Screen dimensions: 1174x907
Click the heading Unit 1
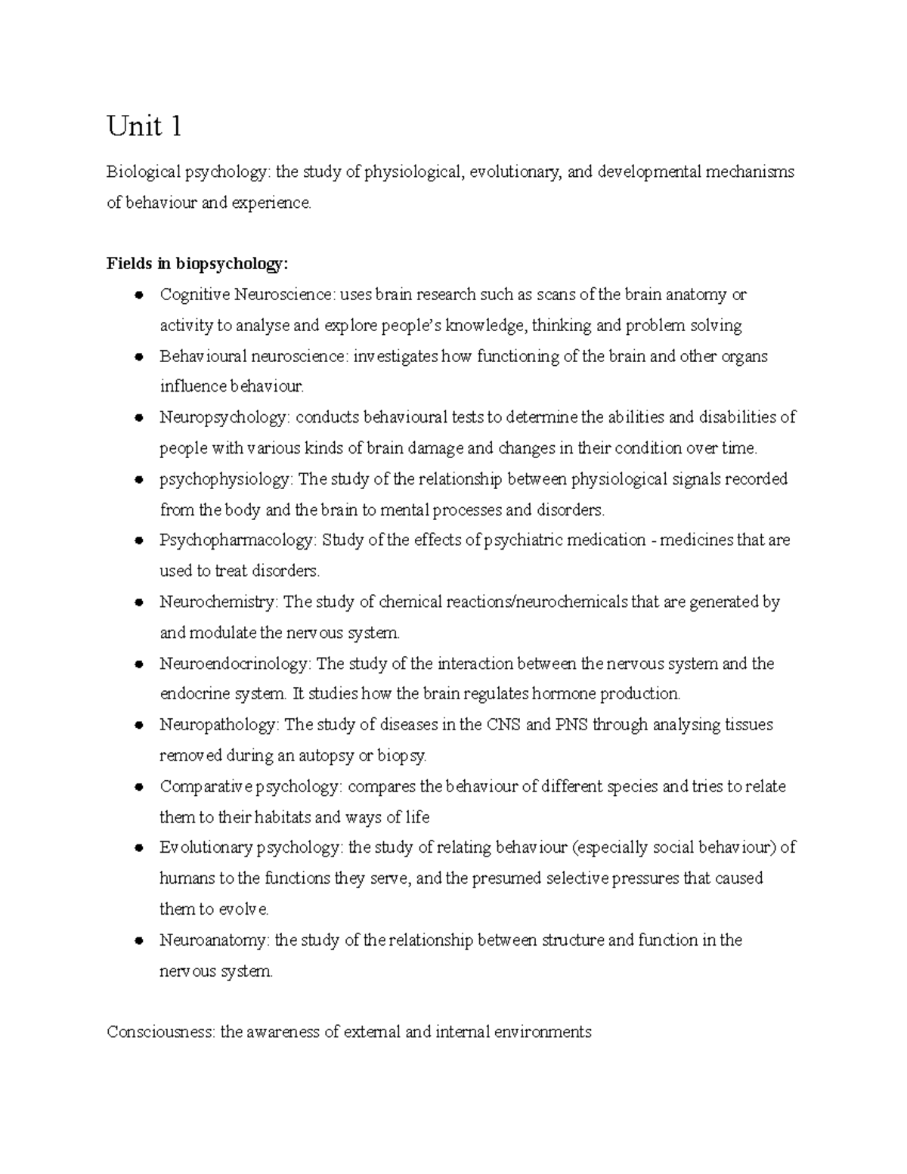click(144, 126)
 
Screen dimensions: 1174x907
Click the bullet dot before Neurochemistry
click(139, 602)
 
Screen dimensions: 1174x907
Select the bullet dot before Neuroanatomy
click(139, 941)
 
